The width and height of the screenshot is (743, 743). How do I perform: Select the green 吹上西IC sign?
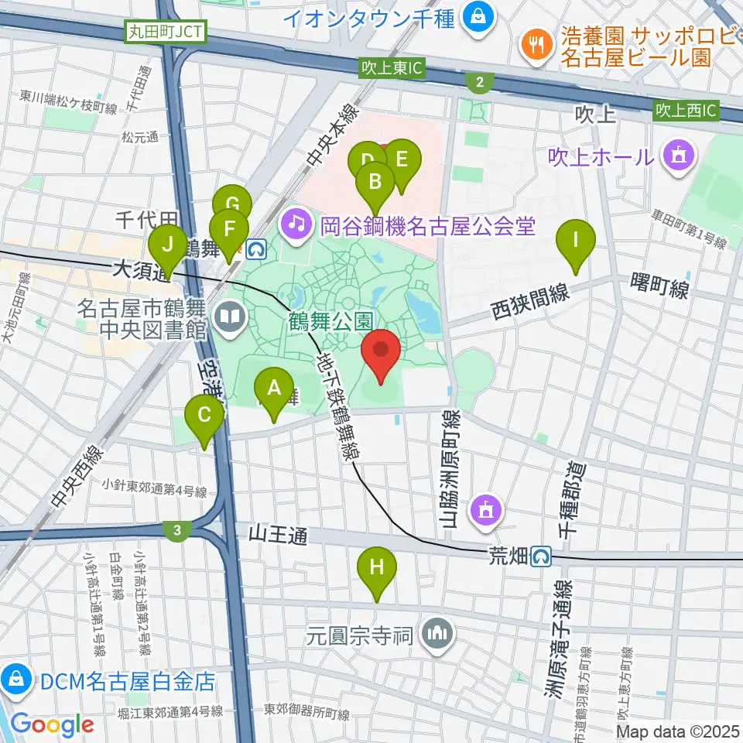pyautogui.click(x=687, y=111)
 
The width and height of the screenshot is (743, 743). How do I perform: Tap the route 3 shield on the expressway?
pyautogui.click(x=178, y=530)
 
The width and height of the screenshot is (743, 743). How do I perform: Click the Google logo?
pyautogui.click(x=53, y=724)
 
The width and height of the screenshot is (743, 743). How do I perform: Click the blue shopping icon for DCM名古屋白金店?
pyautogui.click(x=15, y=680)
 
